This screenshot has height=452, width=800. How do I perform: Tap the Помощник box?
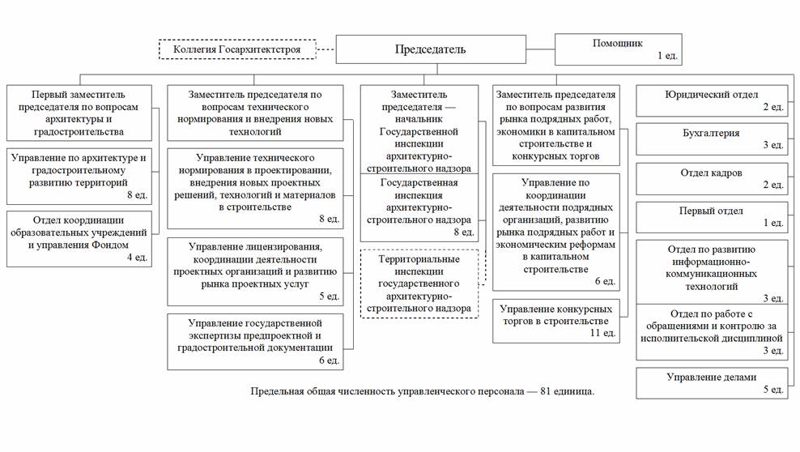coord(619,49)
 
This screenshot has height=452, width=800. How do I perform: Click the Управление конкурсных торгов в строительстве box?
coord(556,320)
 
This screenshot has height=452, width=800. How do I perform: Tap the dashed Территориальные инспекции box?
coord(419,284)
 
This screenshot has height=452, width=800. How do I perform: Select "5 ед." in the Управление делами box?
coord(772,390)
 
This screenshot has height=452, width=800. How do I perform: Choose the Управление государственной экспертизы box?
coord(255,341)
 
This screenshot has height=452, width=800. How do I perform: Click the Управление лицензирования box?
coord(255,271)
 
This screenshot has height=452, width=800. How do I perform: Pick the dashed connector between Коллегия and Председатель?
coord(325,49)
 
